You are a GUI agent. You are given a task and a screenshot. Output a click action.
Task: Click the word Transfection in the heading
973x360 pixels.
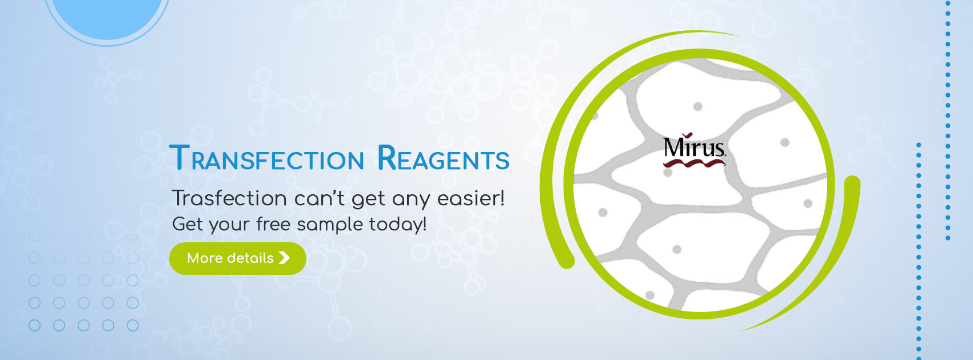(266, 158)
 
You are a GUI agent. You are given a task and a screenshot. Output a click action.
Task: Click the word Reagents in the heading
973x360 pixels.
(442, 158)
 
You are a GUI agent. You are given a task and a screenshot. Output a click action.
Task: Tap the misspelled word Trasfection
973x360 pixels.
(229, 198)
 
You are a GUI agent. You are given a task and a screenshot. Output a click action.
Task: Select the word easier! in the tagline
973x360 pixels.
(471, 198)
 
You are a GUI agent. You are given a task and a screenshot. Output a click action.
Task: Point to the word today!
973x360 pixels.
(398, 225)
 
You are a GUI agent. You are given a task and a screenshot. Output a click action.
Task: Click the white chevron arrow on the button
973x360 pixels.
(284, 258)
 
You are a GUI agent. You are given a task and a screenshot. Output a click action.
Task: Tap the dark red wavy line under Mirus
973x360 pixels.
(693, 163)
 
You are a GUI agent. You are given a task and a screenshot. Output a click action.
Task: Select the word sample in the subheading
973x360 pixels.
(330, 225)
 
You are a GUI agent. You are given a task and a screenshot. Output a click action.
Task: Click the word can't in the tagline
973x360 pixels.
(319, 198)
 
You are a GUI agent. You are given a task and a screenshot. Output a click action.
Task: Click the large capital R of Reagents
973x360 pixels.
(386, 157)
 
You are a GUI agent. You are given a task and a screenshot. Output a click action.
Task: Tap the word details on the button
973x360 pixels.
(251, 258)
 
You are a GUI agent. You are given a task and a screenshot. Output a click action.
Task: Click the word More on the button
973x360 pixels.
(205, 258)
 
